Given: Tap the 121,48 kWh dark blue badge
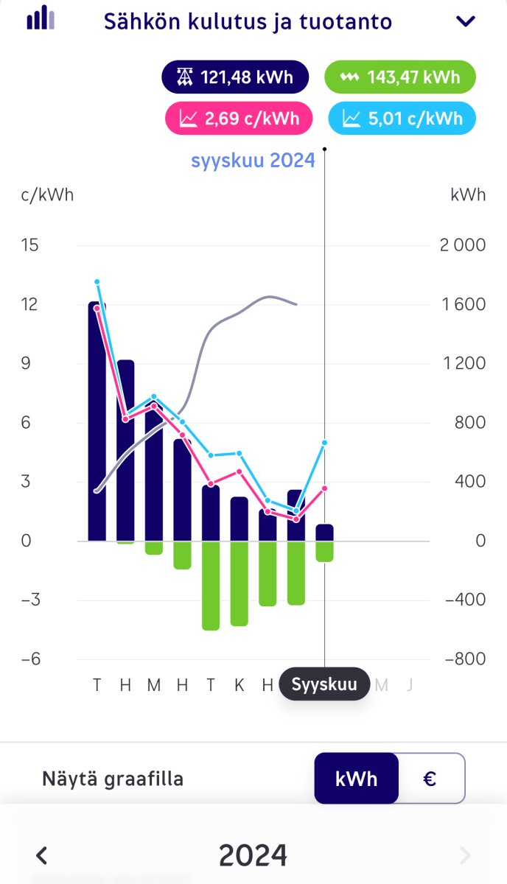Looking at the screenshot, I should click(x=235, y=77).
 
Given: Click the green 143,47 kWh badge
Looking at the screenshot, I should click(x=400, y=77).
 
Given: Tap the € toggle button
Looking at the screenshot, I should click(x=431, y=778).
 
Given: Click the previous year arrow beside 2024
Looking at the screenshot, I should click(x=42, y=855).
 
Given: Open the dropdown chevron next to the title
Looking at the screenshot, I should click(x=466, y=21).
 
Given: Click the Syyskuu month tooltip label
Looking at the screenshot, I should click(x=324, y=684).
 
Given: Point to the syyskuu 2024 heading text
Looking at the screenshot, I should click(x=253, y=160).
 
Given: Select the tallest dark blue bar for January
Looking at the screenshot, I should click(x=97, y=421).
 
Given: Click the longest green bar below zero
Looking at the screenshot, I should click(x=211, y=585).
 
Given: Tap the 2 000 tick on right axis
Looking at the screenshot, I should click(x=463, y=245).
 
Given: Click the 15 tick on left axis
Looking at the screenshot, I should click(x=29, y=245).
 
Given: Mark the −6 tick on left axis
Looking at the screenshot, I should click(x=29, y=659).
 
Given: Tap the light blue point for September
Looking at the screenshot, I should click(x=324, y=443).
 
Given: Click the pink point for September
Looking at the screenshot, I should click(x=324, y=488).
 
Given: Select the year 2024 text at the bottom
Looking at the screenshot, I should click(x=253, y=855).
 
